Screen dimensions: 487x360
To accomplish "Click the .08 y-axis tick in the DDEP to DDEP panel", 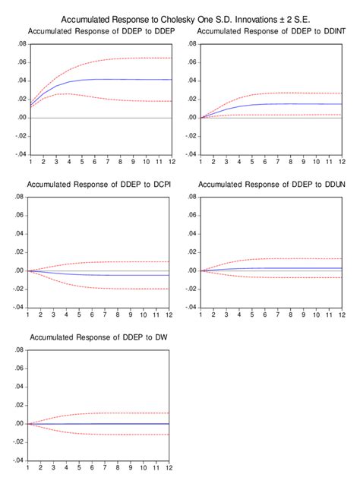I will pyautogui.click(x=20, y=44).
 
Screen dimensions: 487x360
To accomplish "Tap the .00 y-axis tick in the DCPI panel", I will pyautogui.click(x=20, y=270).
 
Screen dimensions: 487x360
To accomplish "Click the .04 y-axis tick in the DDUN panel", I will pyautogui.click(x=191, y=233).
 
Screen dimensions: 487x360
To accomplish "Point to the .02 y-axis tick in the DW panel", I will pyautogui.click(x=20, y=405).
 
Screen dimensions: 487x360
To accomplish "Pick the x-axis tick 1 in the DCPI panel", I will pyautogui.click(x=29, y=315).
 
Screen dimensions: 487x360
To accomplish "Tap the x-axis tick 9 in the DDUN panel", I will pyautogui.click(x=302, y=315).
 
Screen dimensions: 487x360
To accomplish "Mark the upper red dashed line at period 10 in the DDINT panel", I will pyautogui.click(x=315, y=93).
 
